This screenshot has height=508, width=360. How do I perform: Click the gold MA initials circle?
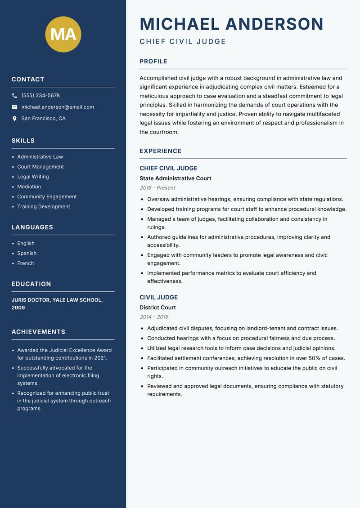pos(63,34)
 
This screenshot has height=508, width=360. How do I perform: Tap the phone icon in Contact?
pos(14,96)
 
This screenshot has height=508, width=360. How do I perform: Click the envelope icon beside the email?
pos(14,107)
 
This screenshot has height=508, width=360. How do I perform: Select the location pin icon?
pos(14,119)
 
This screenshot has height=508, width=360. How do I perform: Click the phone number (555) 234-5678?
pos(40,96)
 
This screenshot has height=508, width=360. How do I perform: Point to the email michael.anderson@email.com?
pos(58,107)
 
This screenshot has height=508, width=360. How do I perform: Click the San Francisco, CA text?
pos(43,119)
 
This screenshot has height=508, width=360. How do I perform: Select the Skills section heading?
pos(23,141)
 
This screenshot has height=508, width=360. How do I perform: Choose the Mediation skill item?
pos(29,187)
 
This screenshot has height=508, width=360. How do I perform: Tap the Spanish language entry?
pos(27,254)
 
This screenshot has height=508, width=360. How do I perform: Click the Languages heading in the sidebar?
pos(32,227)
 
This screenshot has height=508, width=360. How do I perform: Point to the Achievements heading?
pos(38,332)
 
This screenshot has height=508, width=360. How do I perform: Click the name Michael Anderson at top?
pos(231,24)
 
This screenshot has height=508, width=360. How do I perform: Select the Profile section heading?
pos(153,62)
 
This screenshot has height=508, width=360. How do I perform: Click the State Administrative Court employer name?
pos(175,178)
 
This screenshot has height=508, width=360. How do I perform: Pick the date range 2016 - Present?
pos(157,188)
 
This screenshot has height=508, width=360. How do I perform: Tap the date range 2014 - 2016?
pos(154,317)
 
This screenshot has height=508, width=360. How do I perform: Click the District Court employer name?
pos(157,307)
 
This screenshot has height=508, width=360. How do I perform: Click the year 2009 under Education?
pos(18,308)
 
